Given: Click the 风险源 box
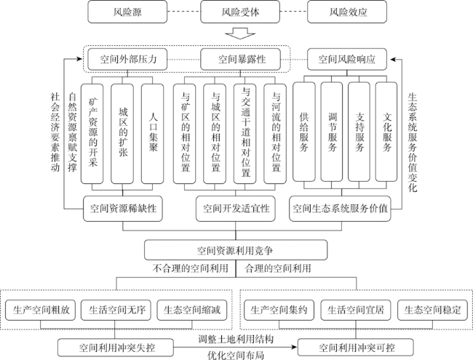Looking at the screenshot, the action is (x=127, y=12).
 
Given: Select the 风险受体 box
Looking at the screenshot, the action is (x=240, y=12).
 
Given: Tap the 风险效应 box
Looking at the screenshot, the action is (x=347, y=12).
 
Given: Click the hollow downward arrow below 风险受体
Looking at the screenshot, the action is (x=240, y=33).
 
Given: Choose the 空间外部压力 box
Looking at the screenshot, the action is (x=127, y=59).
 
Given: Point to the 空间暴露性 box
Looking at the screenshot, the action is (x=240, y=59).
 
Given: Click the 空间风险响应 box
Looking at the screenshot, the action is (x=347, y=59).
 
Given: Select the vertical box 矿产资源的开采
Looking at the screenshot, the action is (x=92, y=134).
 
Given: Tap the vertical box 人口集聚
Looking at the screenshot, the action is (x=153, y=134).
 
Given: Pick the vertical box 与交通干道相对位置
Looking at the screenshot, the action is (x=245, y=134).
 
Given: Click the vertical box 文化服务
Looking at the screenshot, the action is (x=386, y=132).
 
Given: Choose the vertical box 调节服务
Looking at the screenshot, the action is (x=332, y=132).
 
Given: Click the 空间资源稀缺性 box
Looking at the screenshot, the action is (x=123, y=209).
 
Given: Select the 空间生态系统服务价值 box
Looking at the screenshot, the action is (x=340, y=209).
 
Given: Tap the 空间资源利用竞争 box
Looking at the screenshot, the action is (x=236, y=250).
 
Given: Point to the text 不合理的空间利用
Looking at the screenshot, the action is (x=190, y=268).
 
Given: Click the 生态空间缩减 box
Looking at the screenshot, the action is (x=192, y=310).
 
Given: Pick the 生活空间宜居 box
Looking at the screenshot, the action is (x=356, y=310).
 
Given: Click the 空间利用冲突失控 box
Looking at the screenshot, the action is (x=116, y=348).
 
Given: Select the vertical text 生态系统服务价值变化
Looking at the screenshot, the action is (x=412, y=143).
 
